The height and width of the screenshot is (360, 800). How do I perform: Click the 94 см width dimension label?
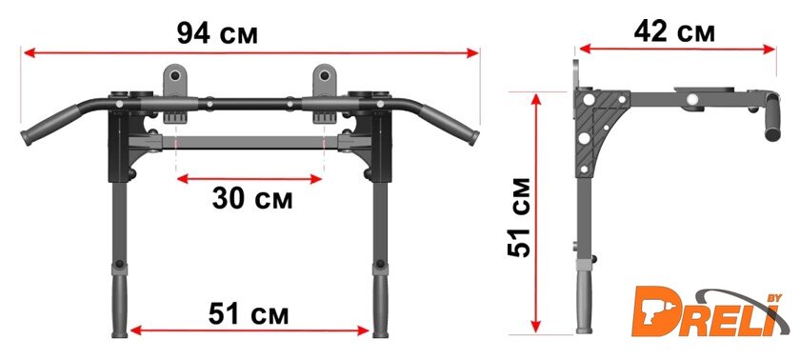pyautogui.click(x=217, y=33)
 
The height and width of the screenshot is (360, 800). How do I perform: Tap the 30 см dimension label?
pyautogui.click(x=252, y=198)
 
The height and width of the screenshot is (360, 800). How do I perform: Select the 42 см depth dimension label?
pyautogui.click(x=674, y=31)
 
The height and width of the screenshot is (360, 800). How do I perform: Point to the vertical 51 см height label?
pyautogui.click(x=520, y=218)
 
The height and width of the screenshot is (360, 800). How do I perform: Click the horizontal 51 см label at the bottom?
pyautogui.click(x=249, y=313)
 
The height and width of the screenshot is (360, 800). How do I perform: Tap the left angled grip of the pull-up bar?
pyautogui.click(x=50, y=126)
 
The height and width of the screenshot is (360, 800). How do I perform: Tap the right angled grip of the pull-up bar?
pyautogui.click(x=450, y=126)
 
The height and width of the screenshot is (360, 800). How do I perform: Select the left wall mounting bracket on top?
pyautogui.click(x=175, y=80)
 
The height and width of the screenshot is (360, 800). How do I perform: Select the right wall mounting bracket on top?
pyautogui.click(x=324, y=80)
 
